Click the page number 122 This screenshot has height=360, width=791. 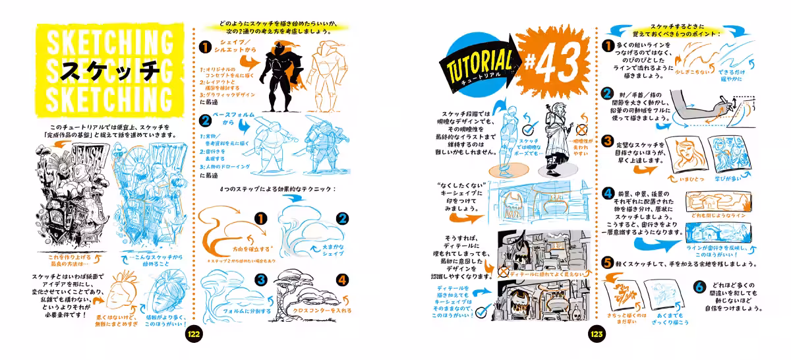(194, 334)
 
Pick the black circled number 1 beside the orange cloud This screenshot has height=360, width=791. (260, 218)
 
